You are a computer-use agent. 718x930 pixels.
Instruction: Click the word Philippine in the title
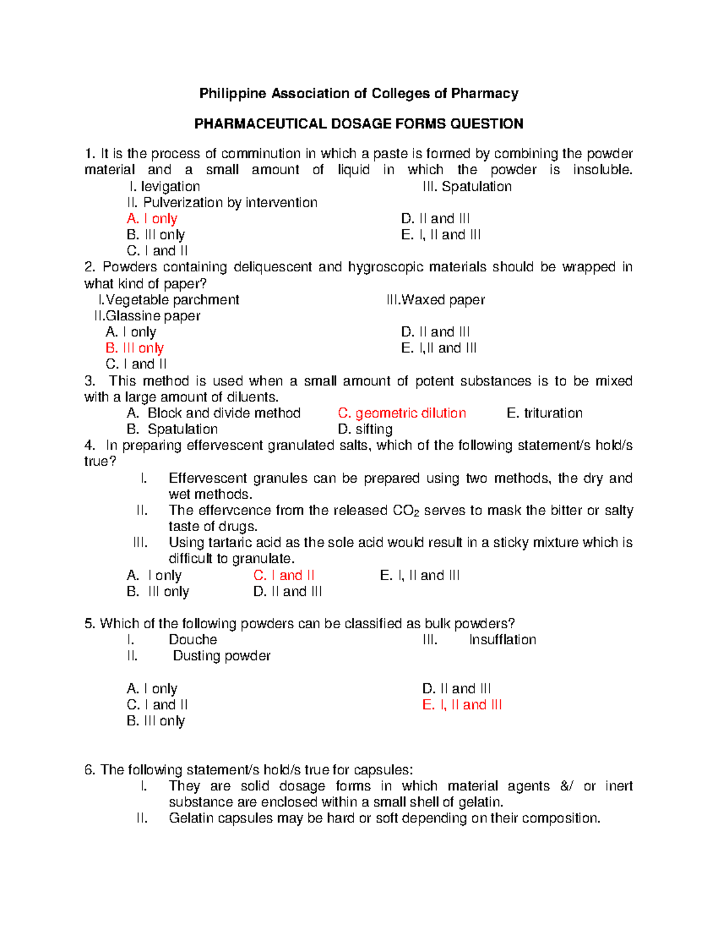coord(232,93)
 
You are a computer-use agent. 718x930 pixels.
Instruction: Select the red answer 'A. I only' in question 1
coord(152,219)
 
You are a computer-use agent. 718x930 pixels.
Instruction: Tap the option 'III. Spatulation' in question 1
coord(467,186)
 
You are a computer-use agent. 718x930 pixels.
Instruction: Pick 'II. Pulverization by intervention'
coord(222,202)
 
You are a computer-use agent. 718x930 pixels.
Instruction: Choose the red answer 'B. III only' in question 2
coord(135,348)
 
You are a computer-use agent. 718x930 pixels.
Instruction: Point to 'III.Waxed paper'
coord(436,299)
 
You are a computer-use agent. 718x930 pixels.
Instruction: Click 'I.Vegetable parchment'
coord(169,299)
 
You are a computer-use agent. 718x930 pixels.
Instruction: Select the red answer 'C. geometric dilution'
coord(401,413)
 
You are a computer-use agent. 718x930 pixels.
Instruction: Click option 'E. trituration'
coord(544,413)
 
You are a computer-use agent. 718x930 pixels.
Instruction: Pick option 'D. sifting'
coord(365,429)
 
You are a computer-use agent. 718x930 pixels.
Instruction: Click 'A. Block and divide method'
coord(214,413)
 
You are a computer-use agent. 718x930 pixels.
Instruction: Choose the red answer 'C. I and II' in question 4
coord(284,575)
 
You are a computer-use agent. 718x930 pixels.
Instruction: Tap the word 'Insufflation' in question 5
coord(502,640)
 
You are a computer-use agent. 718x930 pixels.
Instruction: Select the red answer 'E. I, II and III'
coord(461,705)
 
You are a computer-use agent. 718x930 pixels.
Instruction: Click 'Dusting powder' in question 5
coord(221,656)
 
